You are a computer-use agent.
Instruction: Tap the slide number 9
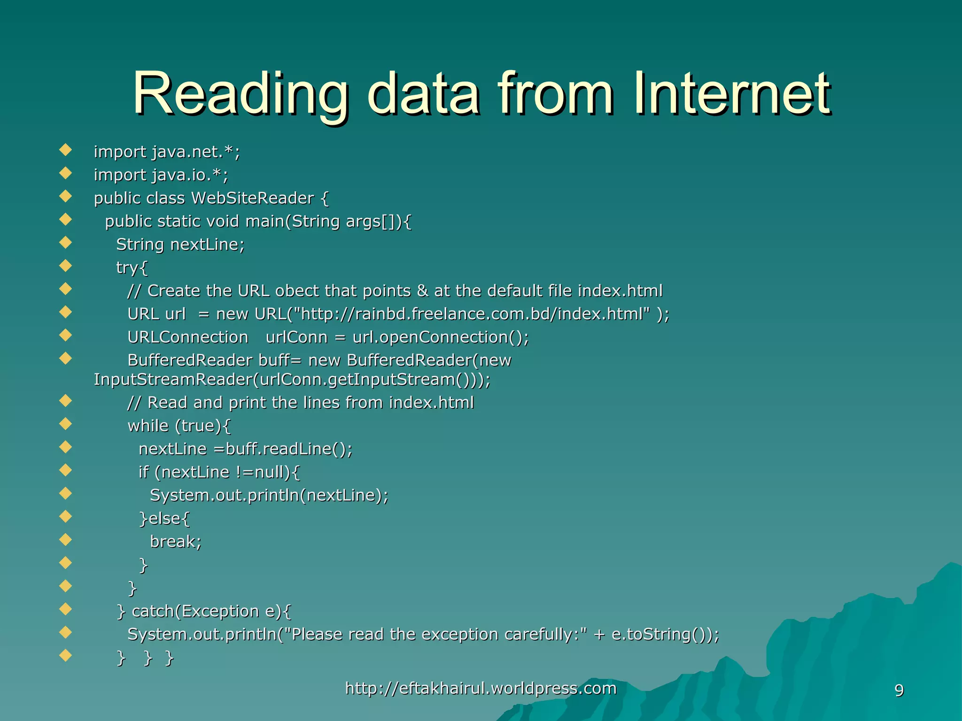click(x=899, y=690)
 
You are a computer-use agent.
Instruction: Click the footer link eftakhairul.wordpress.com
click(x=481, y=688)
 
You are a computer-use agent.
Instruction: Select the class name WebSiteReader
click(x=252, y=198)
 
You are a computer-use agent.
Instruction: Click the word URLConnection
click(x=188, y=337)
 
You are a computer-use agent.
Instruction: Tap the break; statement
click(x=176, y=542)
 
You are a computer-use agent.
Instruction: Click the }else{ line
click(x=164, y=518)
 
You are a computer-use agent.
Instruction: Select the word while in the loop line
click(x=148, y=426)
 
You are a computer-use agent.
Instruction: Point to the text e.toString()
click(x=662, y=634)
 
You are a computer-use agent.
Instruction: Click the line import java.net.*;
click(x=167, y=152)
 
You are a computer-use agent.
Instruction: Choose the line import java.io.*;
click(x=161, y=175)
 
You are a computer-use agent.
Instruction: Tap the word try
click(x=127, y=268)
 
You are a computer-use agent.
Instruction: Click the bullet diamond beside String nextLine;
click(x=66, y=243)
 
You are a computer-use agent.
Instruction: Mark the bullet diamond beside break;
click(x=66, y=540)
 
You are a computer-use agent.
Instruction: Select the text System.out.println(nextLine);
click(x=269, y=495)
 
